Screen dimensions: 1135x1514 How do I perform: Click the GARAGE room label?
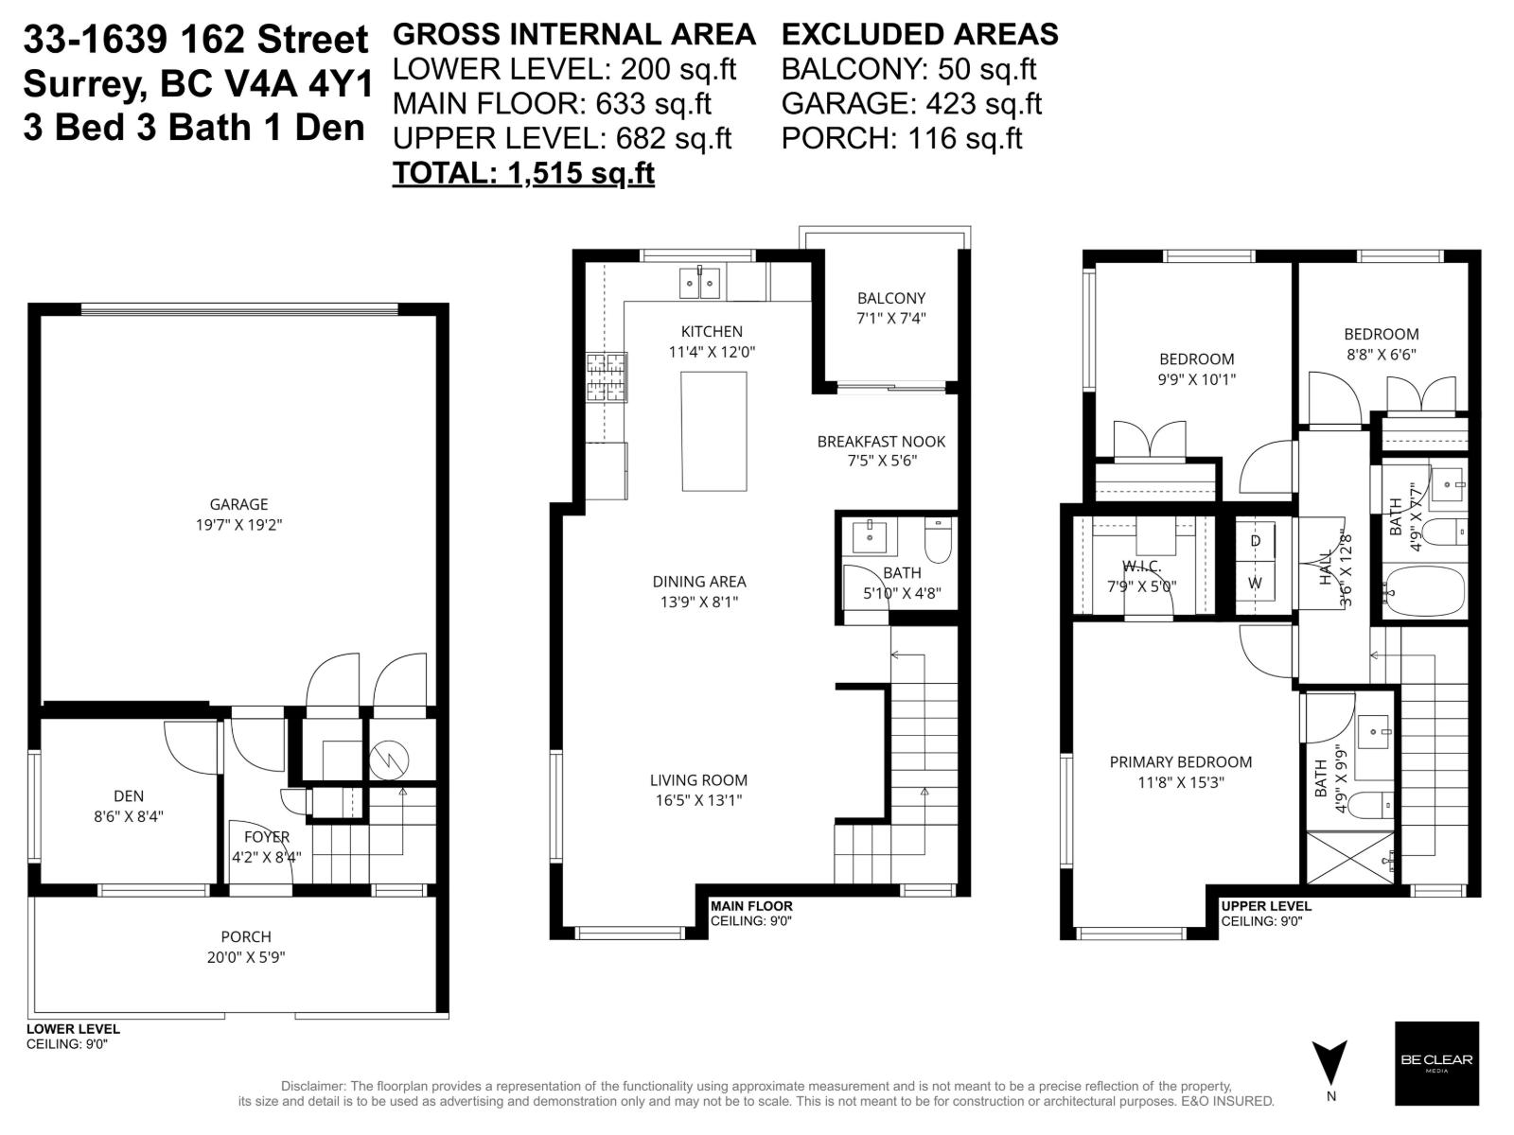pos(238,504)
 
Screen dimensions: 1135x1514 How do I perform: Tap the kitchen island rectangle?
pos(714,431)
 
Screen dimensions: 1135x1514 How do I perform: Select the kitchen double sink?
pos(699,282)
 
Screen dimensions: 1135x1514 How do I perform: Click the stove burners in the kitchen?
pos(607,377)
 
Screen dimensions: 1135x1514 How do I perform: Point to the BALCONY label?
pos(890,298)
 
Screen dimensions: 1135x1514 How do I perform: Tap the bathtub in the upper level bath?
pos(1422,590)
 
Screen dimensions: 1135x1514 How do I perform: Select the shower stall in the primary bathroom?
pos(1349,858)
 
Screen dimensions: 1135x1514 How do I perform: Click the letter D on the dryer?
pos(1256,541)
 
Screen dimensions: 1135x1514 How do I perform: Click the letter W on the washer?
pos(1255,583)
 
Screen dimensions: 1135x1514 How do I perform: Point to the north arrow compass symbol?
pos(1329,1063)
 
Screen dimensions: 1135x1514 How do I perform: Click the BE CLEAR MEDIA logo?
pos(1435,1062)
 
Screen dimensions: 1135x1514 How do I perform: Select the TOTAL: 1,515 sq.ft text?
pos(523,173)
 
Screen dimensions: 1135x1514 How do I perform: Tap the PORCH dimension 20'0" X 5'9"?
pos(246,956)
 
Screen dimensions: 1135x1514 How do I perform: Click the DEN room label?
pos(129,796)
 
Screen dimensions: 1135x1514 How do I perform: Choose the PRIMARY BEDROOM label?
pos(1180,761)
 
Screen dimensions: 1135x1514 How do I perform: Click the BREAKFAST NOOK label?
pos(881,442)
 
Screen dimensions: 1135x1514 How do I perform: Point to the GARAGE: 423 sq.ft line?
pos(911,103)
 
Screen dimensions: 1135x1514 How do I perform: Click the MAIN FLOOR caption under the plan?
pos(751,906)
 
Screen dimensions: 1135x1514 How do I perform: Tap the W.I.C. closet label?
pos(1141,567)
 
